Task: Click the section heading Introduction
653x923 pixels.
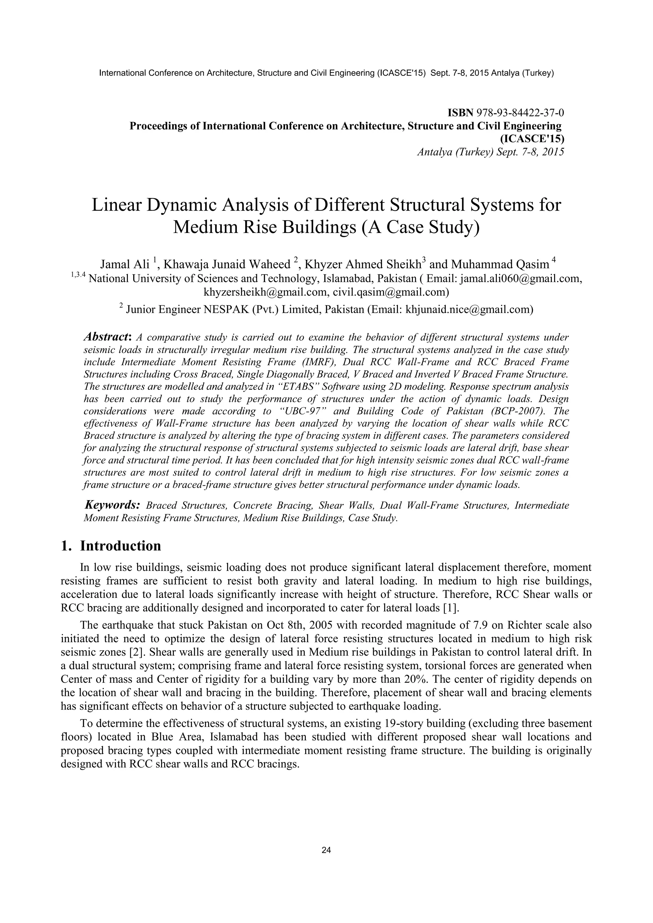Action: point(120,546)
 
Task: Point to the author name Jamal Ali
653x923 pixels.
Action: point(125,264)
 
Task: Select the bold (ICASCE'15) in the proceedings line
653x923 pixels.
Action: point(532,139)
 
